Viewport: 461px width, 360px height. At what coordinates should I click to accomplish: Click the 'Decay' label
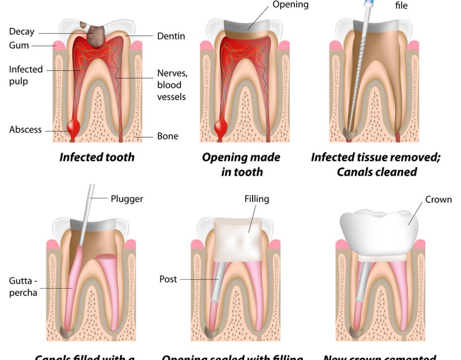[x=22, y=32]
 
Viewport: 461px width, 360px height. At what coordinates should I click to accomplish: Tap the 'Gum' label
[x=19, y=46]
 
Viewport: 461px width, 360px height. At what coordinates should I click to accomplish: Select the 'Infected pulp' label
[x=25, y=75]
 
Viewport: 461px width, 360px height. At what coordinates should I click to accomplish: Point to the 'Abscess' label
[x=25, y=130]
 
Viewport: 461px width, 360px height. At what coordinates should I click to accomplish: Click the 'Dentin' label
[x=171, y=36]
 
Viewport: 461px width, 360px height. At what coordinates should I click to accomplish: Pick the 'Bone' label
[x=168, y=136]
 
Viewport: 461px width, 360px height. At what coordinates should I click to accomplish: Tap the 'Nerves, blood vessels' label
[x=171, y=85]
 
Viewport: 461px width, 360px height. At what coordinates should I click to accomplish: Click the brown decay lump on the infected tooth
[x=97, y=35]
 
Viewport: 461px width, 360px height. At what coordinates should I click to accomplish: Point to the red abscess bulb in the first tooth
[x=74, y=126]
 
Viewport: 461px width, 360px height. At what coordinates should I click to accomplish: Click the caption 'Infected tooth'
[x=97, y=157]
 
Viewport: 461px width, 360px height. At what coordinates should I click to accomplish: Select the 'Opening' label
[x=291, y=5]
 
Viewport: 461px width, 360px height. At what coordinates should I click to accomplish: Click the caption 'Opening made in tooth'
[x=241, y=165]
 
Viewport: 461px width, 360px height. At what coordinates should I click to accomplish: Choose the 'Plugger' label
[x=127, y=198]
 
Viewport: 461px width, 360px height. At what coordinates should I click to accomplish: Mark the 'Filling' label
[x=257, y=198]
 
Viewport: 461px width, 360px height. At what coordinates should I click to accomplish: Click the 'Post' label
[x=168, y=279]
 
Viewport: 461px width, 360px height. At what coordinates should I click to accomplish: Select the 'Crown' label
[x=438, y=199]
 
